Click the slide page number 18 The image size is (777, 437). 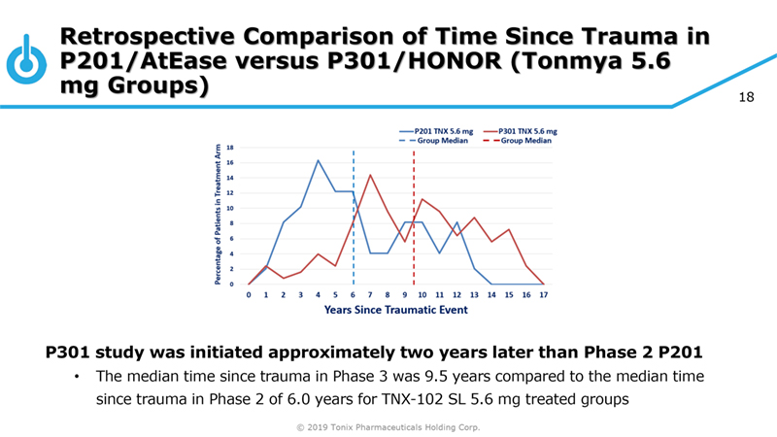[x=747, y=98]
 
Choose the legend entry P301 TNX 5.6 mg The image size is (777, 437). [x=533, y=130]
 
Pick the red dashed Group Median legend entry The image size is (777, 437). [x=525, y=140]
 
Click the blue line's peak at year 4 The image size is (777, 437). [x=318, y=160]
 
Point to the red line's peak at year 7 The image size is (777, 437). [x=370, y=175]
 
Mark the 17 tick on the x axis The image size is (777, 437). [x=543, y=294]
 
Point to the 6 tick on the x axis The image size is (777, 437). [x=353, y=294]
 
